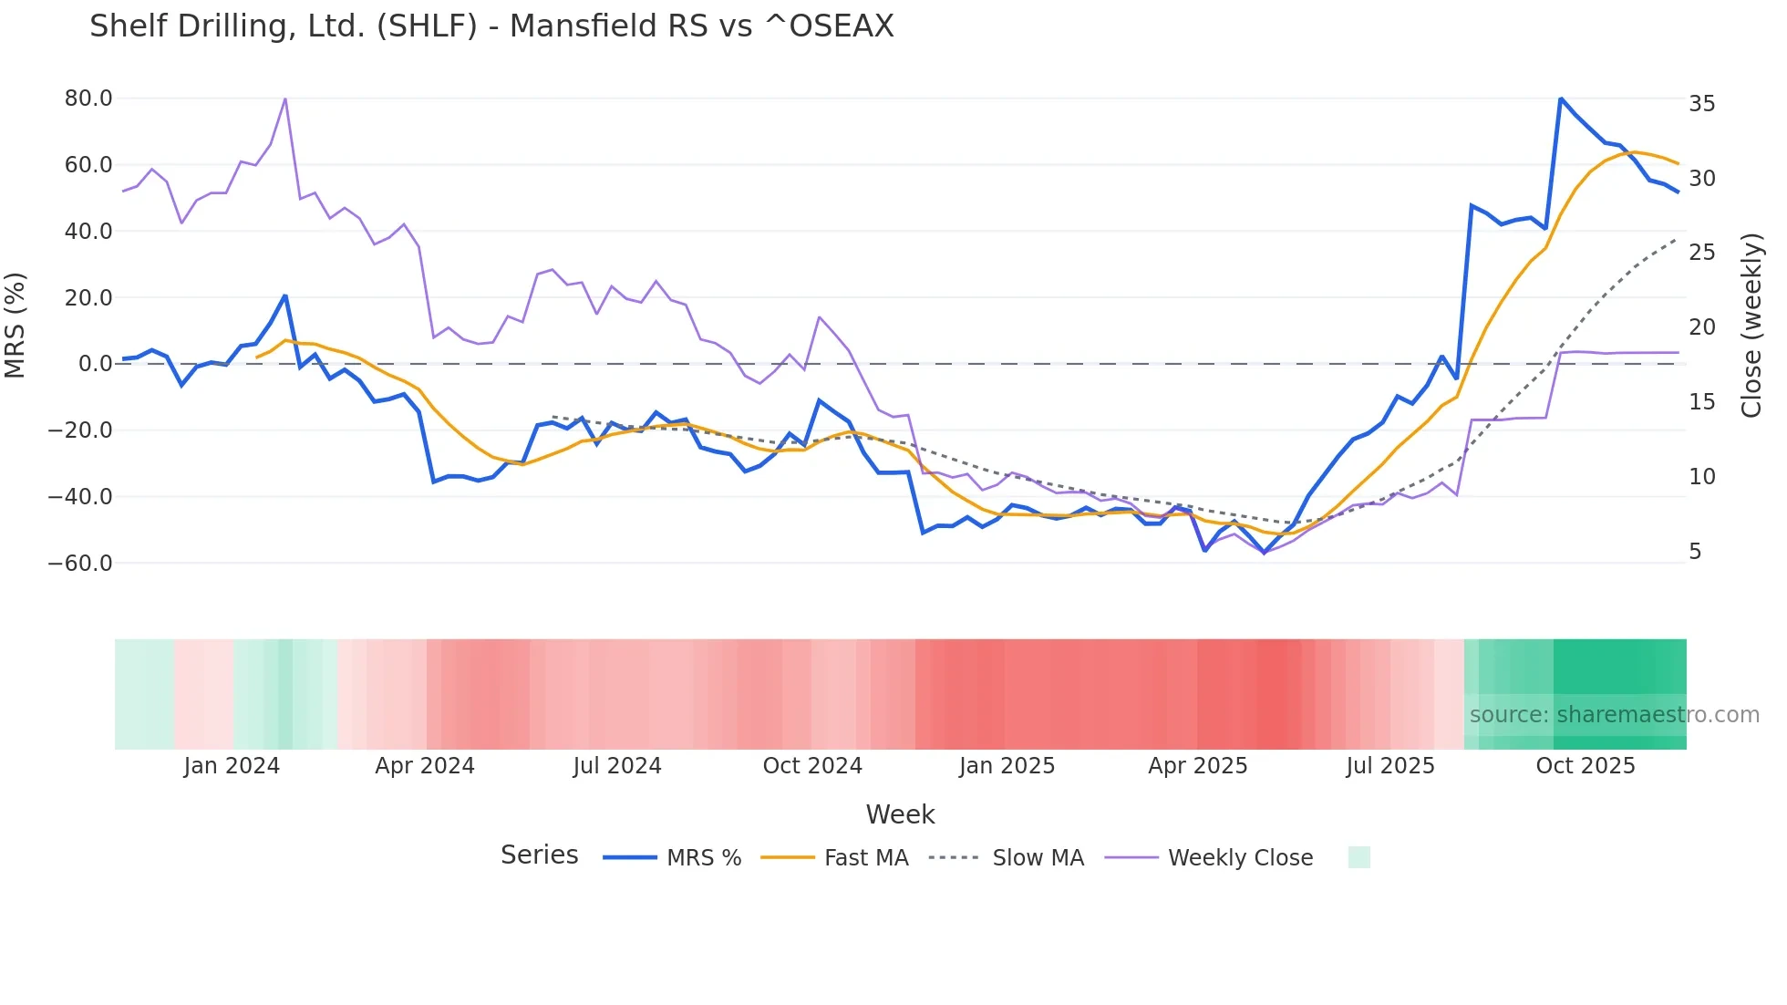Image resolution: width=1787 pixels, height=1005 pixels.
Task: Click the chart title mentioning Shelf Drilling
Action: pyautogui.click(x=491, y=26)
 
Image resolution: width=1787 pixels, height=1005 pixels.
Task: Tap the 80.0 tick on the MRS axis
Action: pyautogui.click(x=88, y=98)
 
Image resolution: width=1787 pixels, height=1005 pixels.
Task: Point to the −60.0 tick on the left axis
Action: pyautogui.click(x=81, y=564)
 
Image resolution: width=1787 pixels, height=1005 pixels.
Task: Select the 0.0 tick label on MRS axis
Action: pyautogui.click(x=96, y=364)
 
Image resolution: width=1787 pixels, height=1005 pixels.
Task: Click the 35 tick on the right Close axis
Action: pyautogui.click(x=1701, y=104)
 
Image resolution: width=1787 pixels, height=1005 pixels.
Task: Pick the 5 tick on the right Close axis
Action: pyautogui.click(x=1695, y=552)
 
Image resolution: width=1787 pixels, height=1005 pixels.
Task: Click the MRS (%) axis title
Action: pyautogui.click(x=15, y=326)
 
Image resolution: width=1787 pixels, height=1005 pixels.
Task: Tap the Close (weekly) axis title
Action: pyautogui.click(x=1751, y=326)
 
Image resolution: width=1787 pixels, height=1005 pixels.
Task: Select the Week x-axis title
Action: pyautogui.click(x=900, y=814)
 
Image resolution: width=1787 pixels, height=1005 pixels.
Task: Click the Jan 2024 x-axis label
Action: pyautogui.click(x=232, y=766)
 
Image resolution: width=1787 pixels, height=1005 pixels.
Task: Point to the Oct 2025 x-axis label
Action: pyautogui.click(x=1586, y=766)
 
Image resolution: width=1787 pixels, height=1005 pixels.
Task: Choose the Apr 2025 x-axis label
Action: pyautogui.click(x=1197, y=766)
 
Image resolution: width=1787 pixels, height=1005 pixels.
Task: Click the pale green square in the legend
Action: pyautogui.click(x=1358, y=857)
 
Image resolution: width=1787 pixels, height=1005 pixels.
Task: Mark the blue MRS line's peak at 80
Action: pyautogui.click(x=1561, y=98)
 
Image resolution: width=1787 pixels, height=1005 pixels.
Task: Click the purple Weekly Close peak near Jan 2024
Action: pyautogui.click(x=285, y=98)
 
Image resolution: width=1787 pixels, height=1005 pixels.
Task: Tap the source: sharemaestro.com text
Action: pyautogui.click(x=1614, y=715)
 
